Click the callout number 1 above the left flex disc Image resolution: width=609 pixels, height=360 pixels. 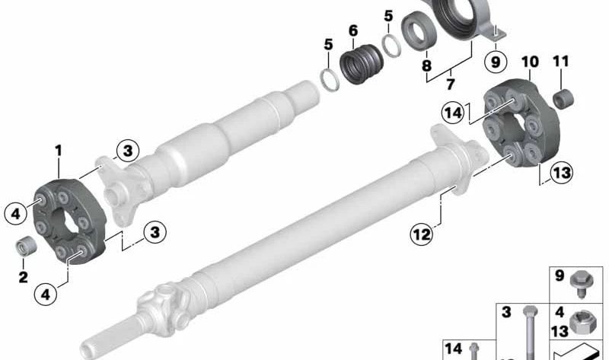[59, 151]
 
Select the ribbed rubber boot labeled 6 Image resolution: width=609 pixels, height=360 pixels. [361, 63]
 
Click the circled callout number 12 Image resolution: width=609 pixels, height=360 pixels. [422, 234]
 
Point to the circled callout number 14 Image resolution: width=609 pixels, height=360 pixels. [453, 113]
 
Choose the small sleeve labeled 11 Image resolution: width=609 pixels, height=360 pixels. [563, 99]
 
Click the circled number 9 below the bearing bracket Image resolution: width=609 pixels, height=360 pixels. [496, 62]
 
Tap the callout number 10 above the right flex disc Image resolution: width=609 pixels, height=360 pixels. [530, 62]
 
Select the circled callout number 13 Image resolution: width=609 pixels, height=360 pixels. [562, 173]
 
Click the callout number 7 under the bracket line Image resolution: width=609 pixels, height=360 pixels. [451, 84]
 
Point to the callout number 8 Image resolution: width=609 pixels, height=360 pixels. [426, 65]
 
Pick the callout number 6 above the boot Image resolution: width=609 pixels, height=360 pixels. [353, 30]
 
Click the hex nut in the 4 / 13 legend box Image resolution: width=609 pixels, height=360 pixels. [582, 321]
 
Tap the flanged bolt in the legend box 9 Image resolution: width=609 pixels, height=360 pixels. [582, 282]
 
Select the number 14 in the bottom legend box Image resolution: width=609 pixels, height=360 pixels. [453, 349]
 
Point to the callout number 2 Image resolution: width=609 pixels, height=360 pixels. [23, 277]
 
